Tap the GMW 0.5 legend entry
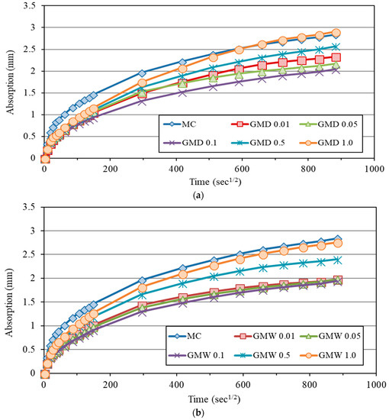click(263, 355)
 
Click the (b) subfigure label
click(208, 411)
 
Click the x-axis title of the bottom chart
click(208, 399)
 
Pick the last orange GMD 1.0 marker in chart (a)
click(336, 34)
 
